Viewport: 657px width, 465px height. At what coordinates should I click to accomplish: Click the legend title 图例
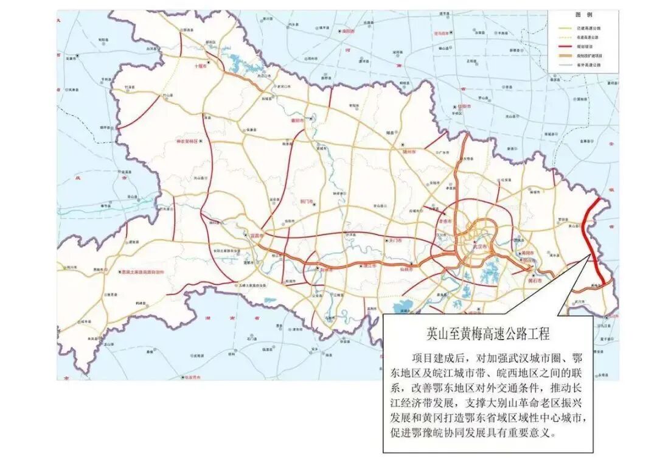(583, 14)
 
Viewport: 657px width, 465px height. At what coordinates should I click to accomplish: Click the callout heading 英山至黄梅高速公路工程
(488, 334)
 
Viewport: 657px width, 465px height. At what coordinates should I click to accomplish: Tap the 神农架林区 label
(187, 141)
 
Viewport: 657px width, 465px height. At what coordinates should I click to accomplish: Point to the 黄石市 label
(535, 282)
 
